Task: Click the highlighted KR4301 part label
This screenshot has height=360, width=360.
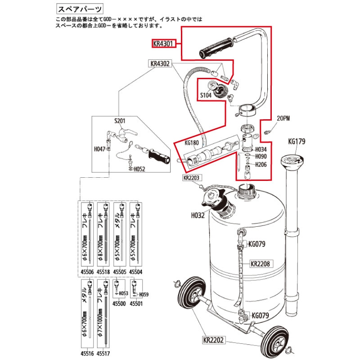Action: [163, 44]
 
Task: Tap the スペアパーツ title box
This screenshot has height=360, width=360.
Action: [79, 9]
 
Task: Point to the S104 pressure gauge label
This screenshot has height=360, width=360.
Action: [206, 95]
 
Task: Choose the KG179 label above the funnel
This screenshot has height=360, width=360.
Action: [297, 141]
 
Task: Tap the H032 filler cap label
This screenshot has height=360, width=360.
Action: [198, 216]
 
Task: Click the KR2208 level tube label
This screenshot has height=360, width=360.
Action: [260, 264]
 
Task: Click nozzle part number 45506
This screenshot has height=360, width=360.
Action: [87, 272]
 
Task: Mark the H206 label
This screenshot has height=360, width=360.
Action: [261, 165]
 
